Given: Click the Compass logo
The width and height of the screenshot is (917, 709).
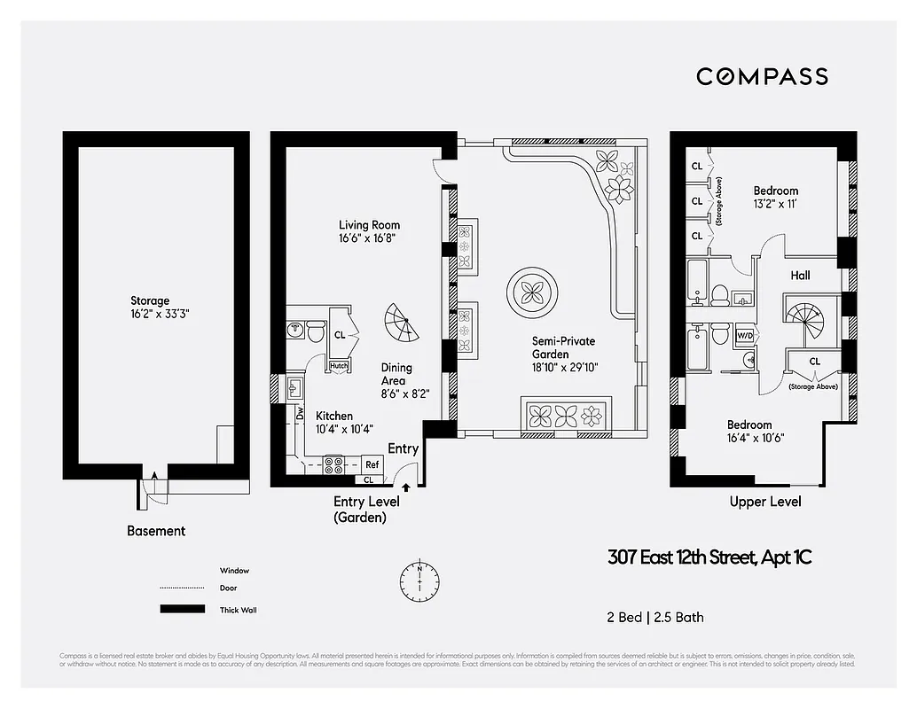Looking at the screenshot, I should [762, 76].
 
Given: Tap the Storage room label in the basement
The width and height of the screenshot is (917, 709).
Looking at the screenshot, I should [149, 301].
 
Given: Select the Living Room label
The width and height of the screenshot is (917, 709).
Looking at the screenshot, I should [369, 225].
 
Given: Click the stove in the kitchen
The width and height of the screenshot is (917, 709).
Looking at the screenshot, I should [335, 464].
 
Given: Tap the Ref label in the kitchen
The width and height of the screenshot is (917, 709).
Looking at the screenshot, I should [372, 464].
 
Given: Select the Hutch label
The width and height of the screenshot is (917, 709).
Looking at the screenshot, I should [339, 365].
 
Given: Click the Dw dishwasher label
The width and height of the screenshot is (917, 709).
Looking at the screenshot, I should [300, 413].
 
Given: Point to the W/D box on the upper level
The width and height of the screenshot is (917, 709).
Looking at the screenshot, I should [745, 336].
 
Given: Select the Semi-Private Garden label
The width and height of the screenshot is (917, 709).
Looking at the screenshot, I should [563, 340].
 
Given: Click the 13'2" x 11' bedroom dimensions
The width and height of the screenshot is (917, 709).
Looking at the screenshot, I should [776, 205].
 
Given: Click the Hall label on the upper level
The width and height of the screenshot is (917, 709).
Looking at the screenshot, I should [800, 276].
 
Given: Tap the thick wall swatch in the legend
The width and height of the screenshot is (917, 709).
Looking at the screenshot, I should [182, 610].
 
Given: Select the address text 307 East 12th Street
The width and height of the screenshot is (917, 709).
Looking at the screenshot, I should [709, 557].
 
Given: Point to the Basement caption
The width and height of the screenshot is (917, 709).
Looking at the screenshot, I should [156, 531].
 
